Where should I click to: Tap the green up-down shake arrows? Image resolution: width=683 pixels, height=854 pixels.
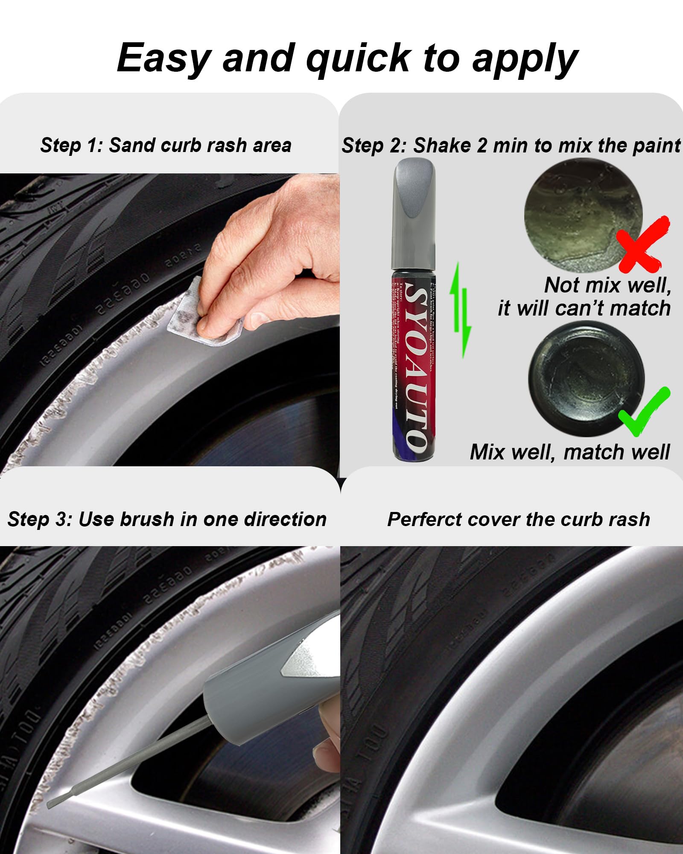point(461,310)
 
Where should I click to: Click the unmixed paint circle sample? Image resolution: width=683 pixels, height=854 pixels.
point(583,216)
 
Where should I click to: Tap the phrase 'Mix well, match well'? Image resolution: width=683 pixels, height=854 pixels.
point(569,452)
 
